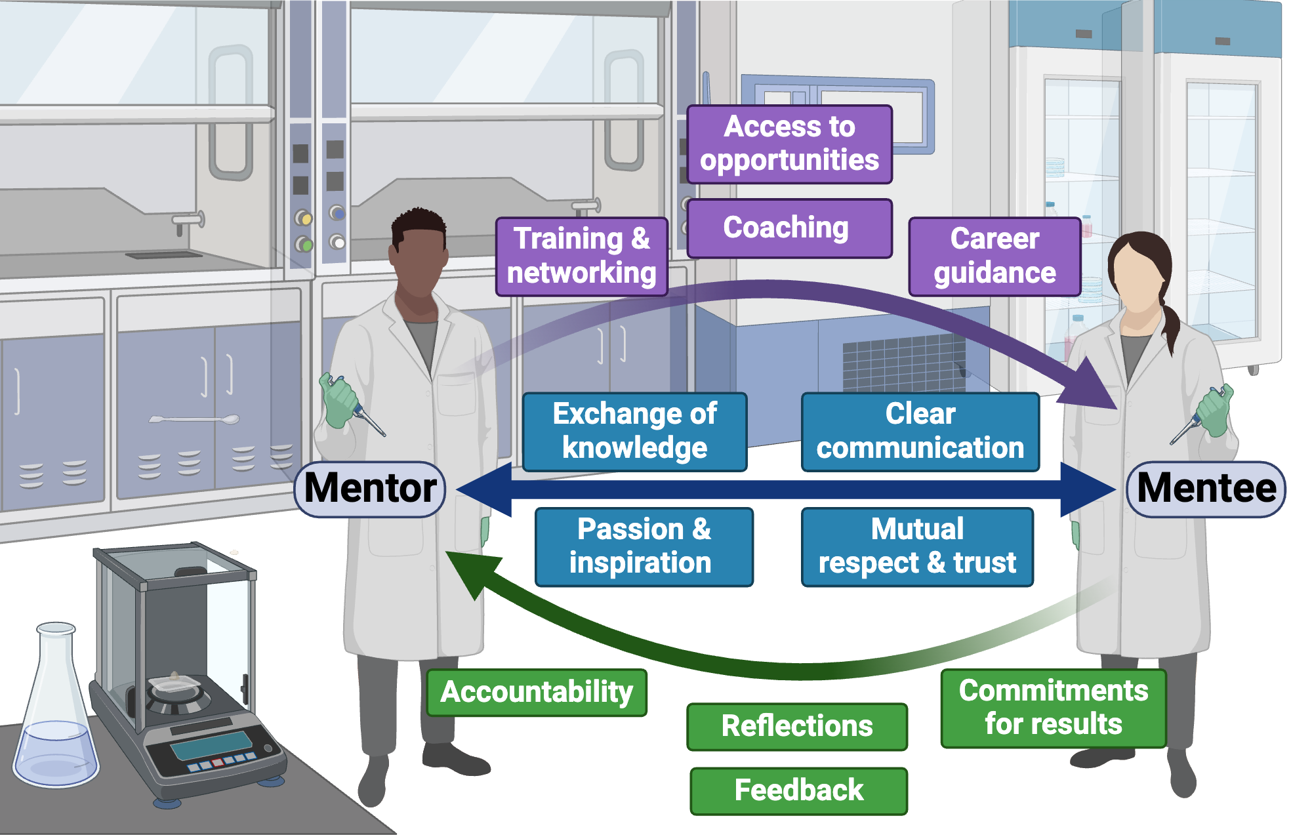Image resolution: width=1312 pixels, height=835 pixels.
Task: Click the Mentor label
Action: click(x=370, y=489)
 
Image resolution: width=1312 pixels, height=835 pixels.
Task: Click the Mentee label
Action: click(x=1206, y=489)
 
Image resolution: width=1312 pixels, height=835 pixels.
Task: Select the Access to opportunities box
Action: click(x=789, y=144)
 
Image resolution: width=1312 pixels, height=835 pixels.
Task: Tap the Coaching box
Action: click(x=789, y=228)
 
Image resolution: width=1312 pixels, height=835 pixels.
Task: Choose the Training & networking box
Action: click(x=581, y=256)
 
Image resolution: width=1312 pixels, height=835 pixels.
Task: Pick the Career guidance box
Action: click(x=994, y=256)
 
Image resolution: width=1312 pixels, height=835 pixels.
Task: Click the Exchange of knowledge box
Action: click(x=634, y=432)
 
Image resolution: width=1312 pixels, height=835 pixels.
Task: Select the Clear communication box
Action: click(x=920, y=432)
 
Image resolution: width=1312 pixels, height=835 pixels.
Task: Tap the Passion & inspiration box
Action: click(x=644, y=546)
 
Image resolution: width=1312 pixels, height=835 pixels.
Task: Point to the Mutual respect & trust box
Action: click(x=917, y=546)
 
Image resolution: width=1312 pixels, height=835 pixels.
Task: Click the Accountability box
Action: click(x=537, y=692)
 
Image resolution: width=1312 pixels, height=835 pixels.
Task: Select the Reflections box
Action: click(x=797, y=726)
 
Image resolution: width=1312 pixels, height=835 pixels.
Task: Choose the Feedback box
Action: click(x=798, y=790)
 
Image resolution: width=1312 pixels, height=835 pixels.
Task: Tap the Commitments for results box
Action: click(x=1054, y=708)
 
